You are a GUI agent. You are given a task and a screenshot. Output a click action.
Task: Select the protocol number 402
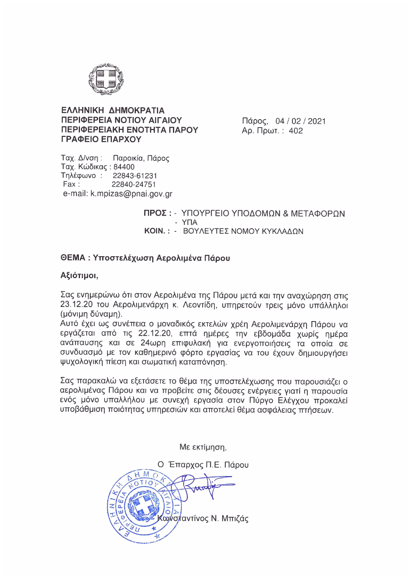point(296,130)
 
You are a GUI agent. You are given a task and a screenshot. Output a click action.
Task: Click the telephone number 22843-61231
point(135,175)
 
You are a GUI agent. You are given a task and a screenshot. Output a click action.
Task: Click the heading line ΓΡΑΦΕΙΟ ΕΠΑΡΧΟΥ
point(101,140)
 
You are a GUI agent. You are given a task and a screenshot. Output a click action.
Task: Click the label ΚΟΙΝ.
point(157,232)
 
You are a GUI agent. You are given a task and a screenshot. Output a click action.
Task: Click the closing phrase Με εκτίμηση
point(207,446)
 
